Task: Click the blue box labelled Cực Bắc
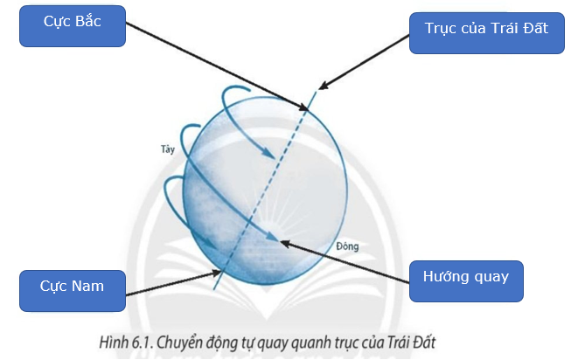[73, 26]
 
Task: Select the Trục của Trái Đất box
[487, 33]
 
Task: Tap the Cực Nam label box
[73, 291]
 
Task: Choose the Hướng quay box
[466, 281]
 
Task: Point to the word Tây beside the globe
[168, 149]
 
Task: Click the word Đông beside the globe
[347, 246]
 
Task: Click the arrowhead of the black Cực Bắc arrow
[307, 108]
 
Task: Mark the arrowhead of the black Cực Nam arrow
[219, 272]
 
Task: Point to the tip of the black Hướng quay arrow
[282, 241]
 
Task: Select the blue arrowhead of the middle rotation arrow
[275, 239]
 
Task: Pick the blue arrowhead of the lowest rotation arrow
[214, 246]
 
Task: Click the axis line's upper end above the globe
[316, 91]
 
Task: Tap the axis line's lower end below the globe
[214, 289]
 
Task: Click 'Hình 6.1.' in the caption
[127, 343]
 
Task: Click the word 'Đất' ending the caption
[424, 343]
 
